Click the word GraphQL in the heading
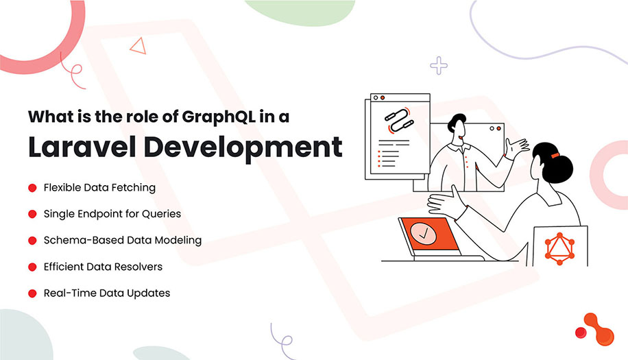(x=218, y=116)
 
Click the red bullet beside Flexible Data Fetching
(x=32, y=187)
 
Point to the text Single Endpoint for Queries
(x=112, y=214)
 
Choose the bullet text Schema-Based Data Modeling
(x=122, y=241)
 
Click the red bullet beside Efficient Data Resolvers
(x=32, y=267)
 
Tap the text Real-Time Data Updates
(x=106, y=293)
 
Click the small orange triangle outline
(x=139, y=46)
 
